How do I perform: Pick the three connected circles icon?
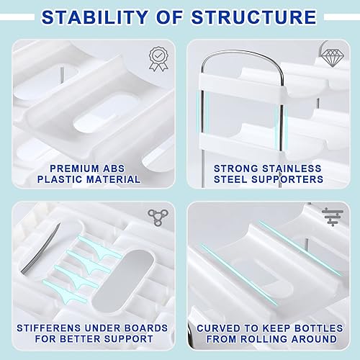point(156,215)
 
